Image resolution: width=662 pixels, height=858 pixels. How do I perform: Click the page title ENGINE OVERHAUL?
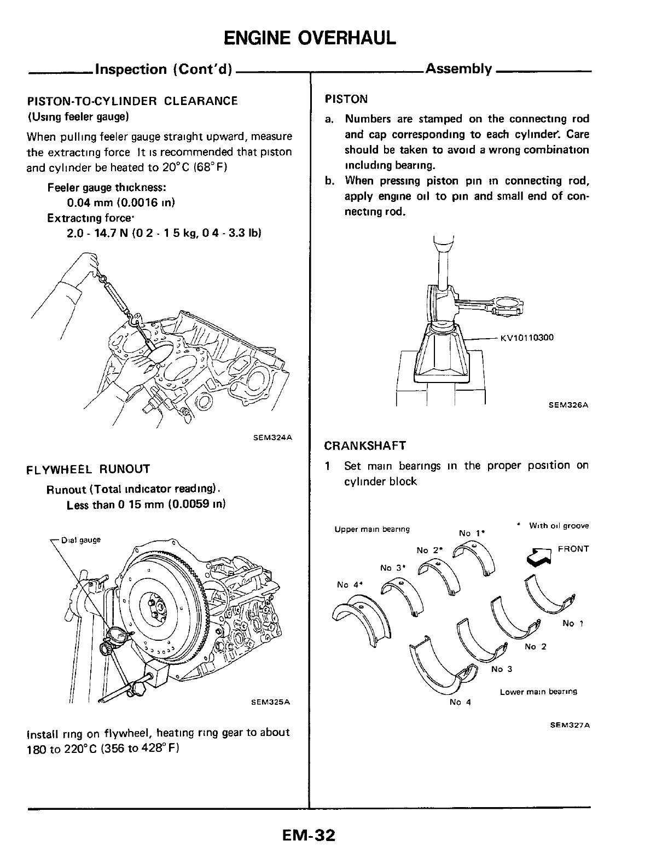pyautogui.click(x=310, y=38)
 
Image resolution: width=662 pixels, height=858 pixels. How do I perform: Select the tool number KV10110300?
pyautogui.click(x=526, y=338)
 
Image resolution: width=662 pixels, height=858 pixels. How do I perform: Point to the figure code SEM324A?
pyautogui.click(x=273, y=437)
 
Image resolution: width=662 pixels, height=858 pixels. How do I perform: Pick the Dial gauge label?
pyautogui.click(x=80, y=540)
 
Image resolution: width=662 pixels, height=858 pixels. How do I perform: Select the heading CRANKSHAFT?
pyautogui.click(x=365, y=445)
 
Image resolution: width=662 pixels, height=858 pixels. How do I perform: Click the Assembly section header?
pyautogui.click(x=458, y=69)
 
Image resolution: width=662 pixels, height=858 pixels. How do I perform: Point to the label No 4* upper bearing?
pyautogui.click(x=351, y=584)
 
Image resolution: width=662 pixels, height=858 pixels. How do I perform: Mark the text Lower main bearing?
pyautogui.click(x=538, y=692)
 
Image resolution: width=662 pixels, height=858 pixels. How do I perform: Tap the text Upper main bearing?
pyautogui.click(x=371, y=529)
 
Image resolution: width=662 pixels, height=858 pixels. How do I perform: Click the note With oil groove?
pyautogui.click(x=559, y=526)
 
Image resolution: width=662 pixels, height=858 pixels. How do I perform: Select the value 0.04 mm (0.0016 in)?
pyautogui.click(x=120, y=203)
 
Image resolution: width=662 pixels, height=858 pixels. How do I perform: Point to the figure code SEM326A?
pyautogui.click(x=564, y=405)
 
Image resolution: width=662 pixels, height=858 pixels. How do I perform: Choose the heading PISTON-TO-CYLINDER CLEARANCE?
pyautogui.click(x=132, y=101)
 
